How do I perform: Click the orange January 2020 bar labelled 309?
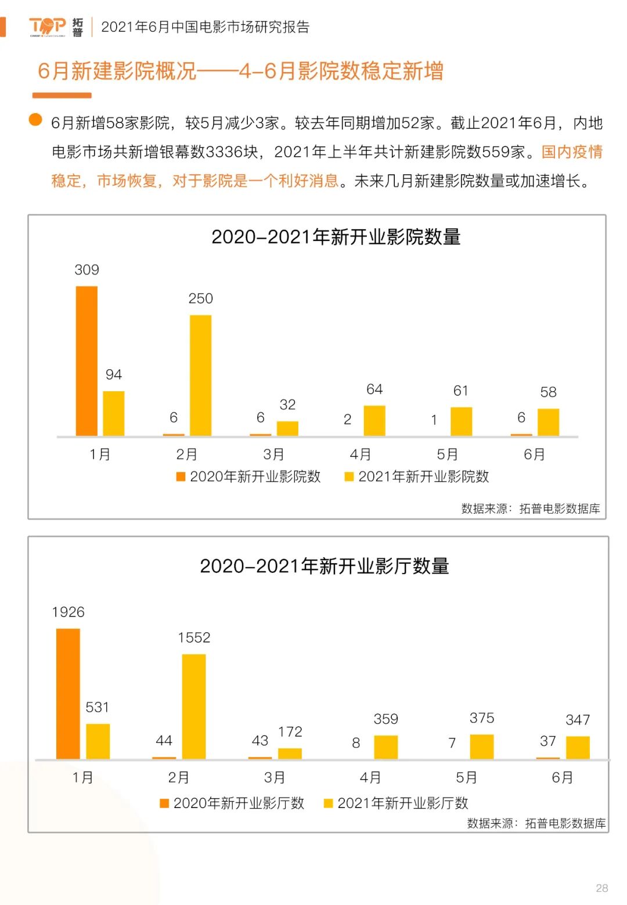(87, 360)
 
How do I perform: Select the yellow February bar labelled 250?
(200, 375)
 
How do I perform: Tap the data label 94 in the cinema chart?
(114, 374)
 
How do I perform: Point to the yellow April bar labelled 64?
(374, 420)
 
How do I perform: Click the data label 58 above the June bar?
(548, 392)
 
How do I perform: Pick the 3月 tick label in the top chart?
(273, 454)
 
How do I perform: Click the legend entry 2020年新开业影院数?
(248, 477)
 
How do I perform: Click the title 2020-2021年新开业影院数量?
(336, 237)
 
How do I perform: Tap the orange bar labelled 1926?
(68, 694)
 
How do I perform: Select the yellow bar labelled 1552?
(194, 706)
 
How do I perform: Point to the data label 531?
(97, 707)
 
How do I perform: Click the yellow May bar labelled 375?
(482, 747)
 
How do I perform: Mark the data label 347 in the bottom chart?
(578, 720)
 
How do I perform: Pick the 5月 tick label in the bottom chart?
(466, 777)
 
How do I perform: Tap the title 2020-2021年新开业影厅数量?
(325, 566)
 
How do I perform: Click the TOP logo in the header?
(48, 26)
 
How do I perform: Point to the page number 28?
(602, 888)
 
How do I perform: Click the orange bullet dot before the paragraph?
(35, 120)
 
